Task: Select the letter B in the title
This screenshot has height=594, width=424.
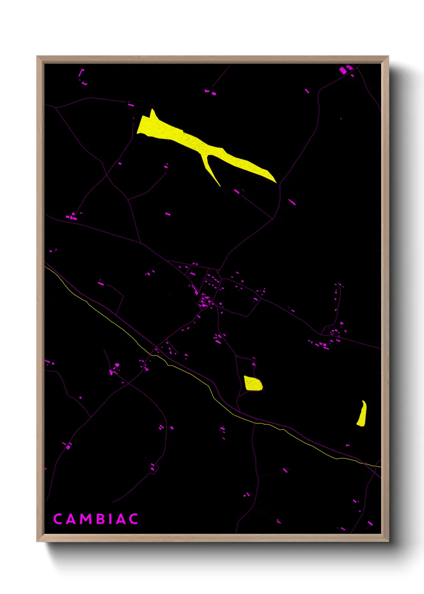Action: point(100,519)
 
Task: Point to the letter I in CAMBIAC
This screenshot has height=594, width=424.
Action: point(110,519)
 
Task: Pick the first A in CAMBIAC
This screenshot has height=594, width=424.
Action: point(71,519)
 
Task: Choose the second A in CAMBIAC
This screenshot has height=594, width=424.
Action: point(121,519)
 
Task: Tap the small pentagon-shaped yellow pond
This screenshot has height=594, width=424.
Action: point(253,383)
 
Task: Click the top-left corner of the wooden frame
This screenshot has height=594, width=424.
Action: point(37,57)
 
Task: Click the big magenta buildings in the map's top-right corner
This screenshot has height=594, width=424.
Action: point(345,70)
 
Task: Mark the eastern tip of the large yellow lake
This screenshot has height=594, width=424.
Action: point(275,181)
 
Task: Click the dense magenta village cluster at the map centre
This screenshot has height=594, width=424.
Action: point(205,301)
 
